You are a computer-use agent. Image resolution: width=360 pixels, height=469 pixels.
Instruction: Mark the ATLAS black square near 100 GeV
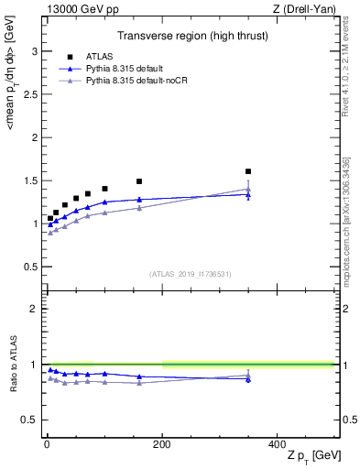[104, 189]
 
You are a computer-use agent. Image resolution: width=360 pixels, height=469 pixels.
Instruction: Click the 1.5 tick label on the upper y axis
[31, 180]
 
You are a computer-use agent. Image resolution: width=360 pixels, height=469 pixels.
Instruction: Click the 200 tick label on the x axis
[162, 442]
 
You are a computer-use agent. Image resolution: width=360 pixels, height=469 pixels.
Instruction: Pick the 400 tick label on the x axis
[277, 442]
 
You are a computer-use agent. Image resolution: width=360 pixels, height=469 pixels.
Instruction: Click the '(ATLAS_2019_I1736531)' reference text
[190, 274]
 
